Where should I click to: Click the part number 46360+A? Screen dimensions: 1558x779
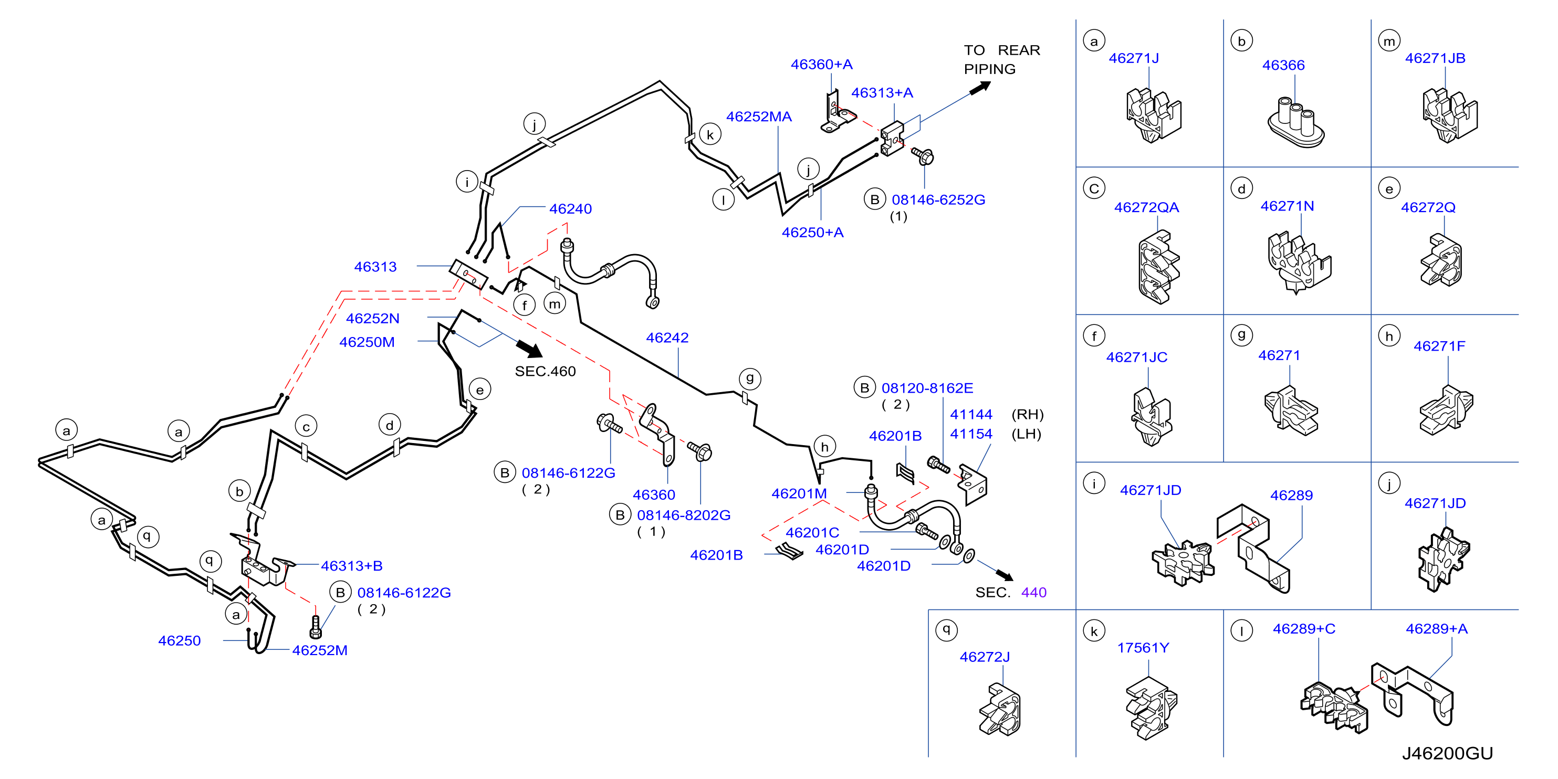click(x=821, y=64)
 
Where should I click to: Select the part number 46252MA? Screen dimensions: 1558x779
click(x=758, y=116)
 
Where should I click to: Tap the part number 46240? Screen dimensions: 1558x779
click(x=570, y=209)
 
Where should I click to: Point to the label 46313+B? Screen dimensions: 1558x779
click(x=351, y=565)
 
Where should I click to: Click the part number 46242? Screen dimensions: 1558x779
click(x=667, y=338)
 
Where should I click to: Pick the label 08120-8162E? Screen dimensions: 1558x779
click(x=927, y=388)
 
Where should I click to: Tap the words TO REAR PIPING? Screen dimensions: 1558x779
click(x=1001, y=59)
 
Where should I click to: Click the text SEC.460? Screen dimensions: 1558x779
click(x=545, y=371)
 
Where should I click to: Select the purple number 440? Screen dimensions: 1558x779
click(x=1033, y=592)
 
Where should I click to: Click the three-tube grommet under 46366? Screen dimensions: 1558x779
click(x=1295, y=122)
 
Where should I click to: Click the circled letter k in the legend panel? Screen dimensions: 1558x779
click(x=1093, y=631)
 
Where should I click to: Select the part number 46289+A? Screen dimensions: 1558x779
click(x=1436, y=628)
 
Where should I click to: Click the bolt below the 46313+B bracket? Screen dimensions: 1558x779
click(x=315, y=627)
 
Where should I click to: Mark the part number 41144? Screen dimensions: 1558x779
click(x=971, y=414)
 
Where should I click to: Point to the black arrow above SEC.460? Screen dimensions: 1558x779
click(x=529, y=349)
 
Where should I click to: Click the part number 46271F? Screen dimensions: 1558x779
click(x=1439, y=346)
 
